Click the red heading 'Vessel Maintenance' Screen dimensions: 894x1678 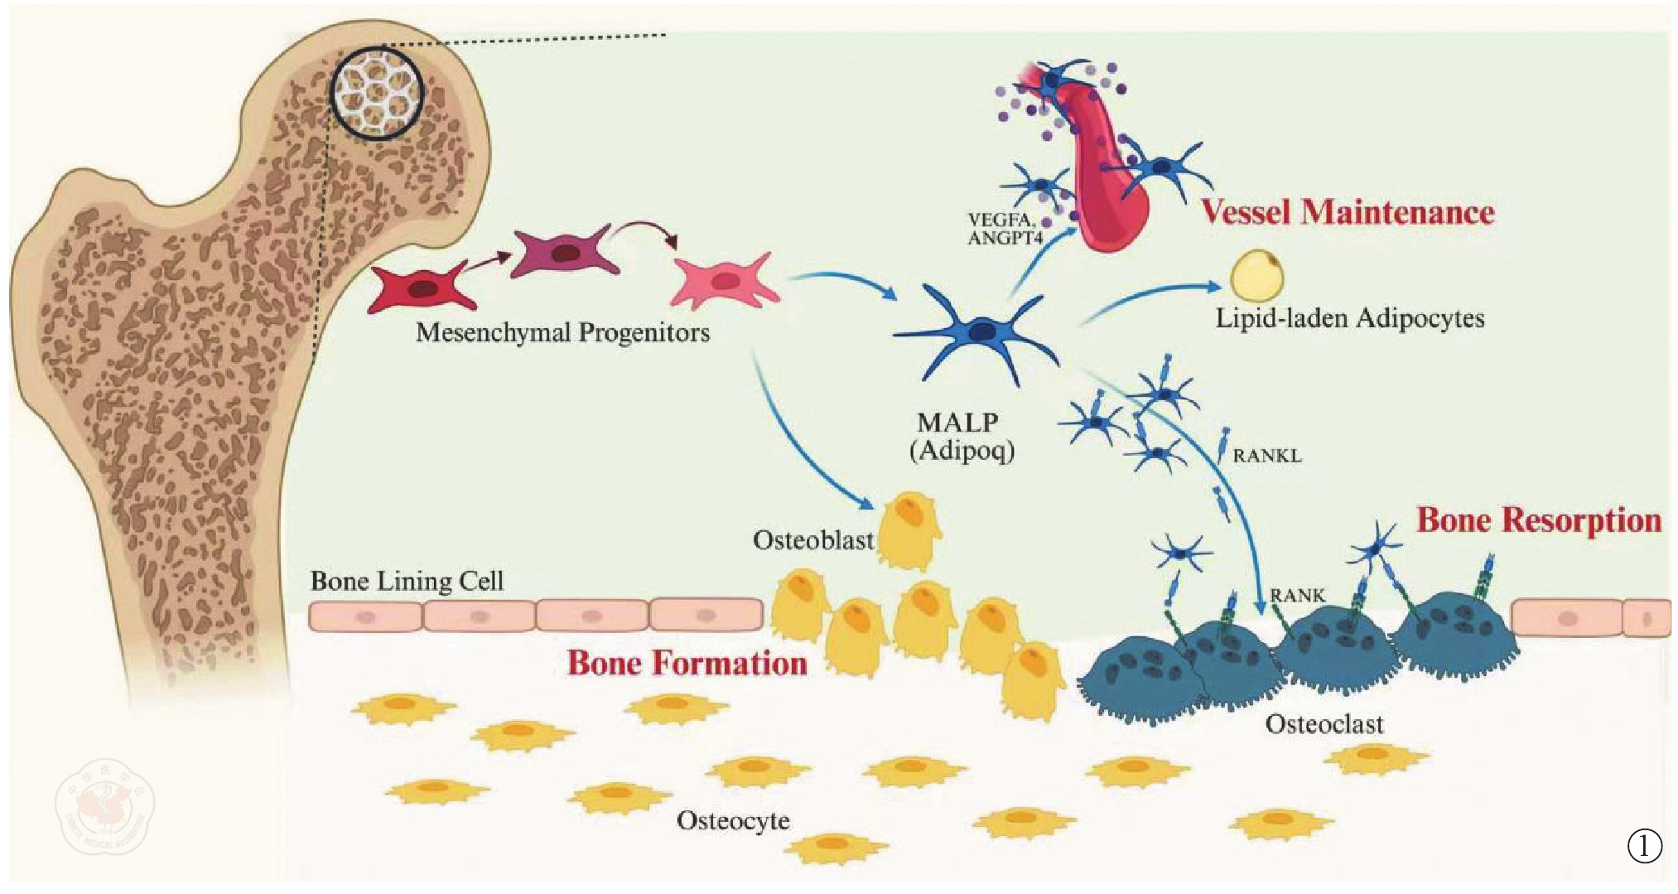click(1348, 212)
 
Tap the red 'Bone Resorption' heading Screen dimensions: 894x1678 click(1539, 520)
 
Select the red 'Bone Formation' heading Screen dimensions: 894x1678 click(687, 663)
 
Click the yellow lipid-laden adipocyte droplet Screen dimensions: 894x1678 click(1256, 276)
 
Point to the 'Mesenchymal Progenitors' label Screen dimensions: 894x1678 click(562, 333)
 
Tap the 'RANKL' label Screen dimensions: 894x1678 click(1266, 456)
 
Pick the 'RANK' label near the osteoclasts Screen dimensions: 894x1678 click(1297, 596)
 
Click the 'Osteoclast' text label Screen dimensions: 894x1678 click(1324, 724)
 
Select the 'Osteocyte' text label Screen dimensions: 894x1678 click(733, 821)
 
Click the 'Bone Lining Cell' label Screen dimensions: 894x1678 click(407, 581)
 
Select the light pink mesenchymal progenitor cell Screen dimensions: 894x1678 click(725, 281)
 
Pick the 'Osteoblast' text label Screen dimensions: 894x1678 click(812, 541)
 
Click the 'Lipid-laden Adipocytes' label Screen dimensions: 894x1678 click(1349, 319)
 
